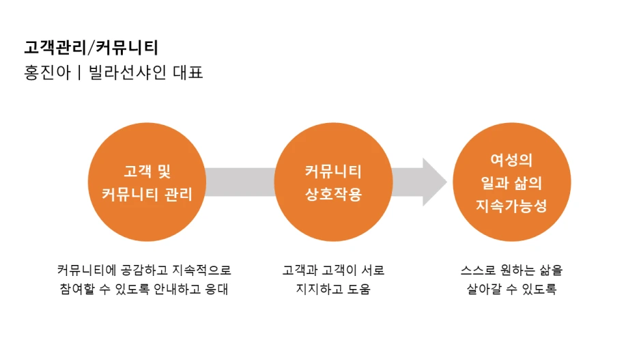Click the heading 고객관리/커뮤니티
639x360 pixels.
[x=91, y=47]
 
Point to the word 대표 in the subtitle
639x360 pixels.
[x=188, y=72]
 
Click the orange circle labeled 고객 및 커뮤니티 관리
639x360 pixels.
[x=147, y=182]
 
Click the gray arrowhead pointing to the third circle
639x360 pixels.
[x=434, y=182]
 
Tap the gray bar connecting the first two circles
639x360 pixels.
[x=239, y=182]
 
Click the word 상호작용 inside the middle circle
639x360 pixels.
[x=332, y=194]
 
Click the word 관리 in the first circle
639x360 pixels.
[x=178, y=194]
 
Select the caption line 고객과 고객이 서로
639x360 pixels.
[x=333, y=270]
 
